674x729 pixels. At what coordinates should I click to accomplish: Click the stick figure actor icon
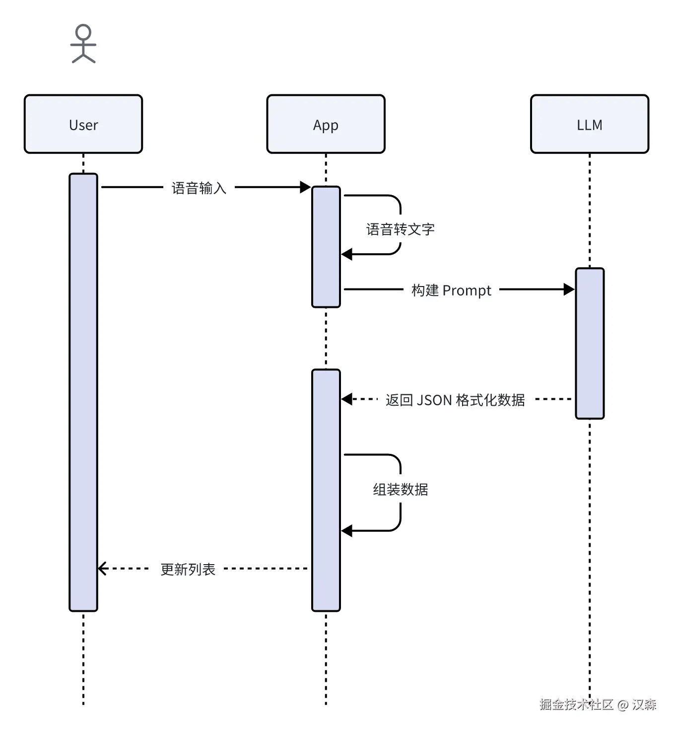[x=83, y=44]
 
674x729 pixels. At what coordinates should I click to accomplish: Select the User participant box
[x=83, y=124]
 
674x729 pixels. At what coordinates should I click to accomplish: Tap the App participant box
[x=326, y=124]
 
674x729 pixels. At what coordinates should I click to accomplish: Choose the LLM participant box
[x=590, y=124]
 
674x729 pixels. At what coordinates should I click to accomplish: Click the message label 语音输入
[x=199, y=188]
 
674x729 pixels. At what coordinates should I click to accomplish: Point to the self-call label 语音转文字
[x=400, y=229]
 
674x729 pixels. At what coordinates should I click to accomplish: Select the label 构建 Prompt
[x=451, y=290]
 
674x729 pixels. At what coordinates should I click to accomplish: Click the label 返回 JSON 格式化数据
[x=455, y=400]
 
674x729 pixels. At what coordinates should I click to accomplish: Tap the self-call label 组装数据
[x=400, y=490]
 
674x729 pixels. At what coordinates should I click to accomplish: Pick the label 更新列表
[x=188, y=569]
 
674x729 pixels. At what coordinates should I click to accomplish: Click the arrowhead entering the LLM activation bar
[x=569, y=289]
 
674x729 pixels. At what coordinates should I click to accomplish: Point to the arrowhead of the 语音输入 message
[x=305, y=187]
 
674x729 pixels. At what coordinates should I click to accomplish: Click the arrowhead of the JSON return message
[x=347, y=399]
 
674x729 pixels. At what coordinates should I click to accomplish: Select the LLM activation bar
[x=590, y=343]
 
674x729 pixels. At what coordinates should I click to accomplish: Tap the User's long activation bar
[x=83, y=392]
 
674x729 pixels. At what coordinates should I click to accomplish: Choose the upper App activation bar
[x=326, y=247]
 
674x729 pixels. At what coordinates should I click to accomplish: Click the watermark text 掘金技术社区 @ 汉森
[x=598, y=704]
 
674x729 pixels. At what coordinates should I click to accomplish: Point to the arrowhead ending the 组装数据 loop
[x=347, y=531]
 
